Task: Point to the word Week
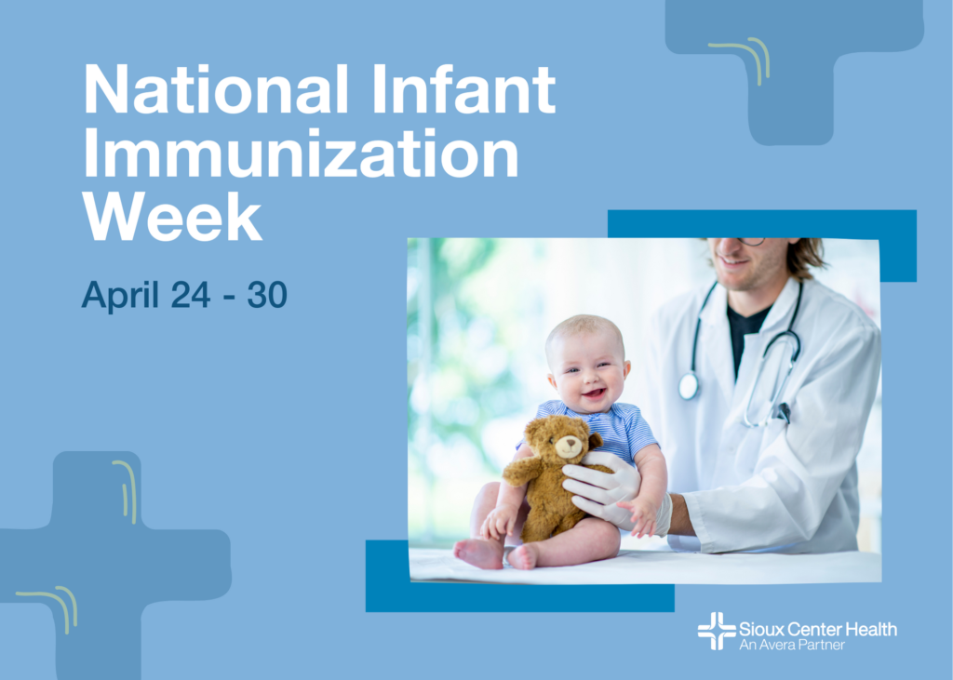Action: [x=172, y=217]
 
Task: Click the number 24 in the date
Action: [x=191, y=294]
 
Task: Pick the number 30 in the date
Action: [x=267, y=294]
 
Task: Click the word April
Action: [x=120, y=295]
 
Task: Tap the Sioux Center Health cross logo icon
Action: [x=717, y=631]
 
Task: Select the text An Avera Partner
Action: [x=792, y=645]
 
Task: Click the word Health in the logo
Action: [x=871, y=629]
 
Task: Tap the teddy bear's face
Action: [x=567, y=445]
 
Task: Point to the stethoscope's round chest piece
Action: [x=689, y=386]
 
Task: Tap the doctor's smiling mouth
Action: [x=733, y=262]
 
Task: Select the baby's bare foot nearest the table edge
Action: [x=478, y=553]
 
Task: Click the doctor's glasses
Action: [x=752, y=241]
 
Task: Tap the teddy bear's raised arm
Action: [x=521, y=471]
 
